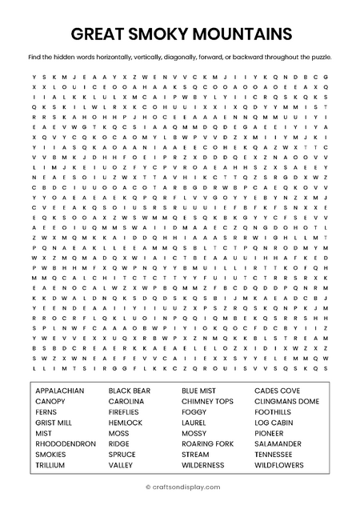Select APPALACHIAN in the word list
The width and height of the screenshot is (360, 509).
pos(61,391)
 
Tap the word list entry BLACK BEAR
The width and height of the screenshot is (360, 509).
pos(130,391)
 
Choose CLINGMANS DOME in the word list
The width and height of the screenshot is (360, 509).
pos(286,401)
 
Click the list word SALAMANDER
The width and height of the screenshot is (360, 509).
pos(278,443)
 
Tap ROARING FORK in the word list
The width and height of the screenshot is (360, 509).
pos(207,443)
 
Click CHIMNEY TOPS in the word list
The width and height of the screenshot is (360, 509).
pos(207,401)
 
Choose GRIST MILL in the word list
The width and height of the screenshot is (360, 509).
pos(54,422)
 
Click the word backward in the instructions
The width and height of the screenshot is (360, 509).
pos(252,58)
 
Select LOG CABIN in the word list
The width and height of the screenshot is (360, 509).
pos(274,422)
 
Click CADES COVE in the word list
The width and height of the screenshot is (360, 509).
pos(277,391)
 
